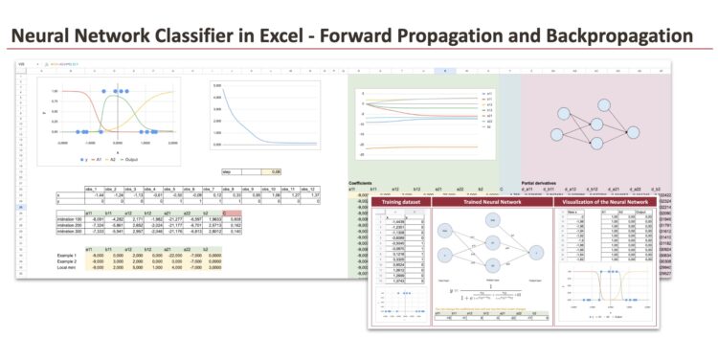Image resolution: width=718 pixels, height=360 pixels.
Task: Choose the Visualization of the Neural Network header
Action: [612, 203]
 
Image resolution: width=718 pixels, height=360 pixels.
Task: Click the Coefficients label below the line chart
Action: [363, 182]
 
